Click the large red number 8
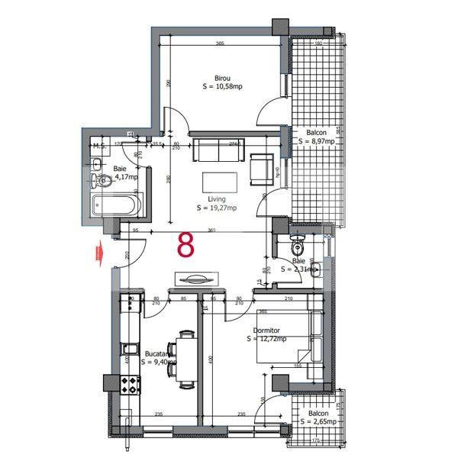(185, 244)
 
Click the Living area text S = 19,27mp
(217, 208)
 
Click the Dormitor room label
(266, 331)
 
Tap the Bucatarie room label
(159, 354)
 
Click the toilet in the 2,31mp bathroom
(298, 247)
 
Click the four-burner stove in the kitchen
(130, 384)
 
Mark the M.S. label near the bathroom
(98, 145)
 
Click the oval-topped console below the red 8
(195, 277)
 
